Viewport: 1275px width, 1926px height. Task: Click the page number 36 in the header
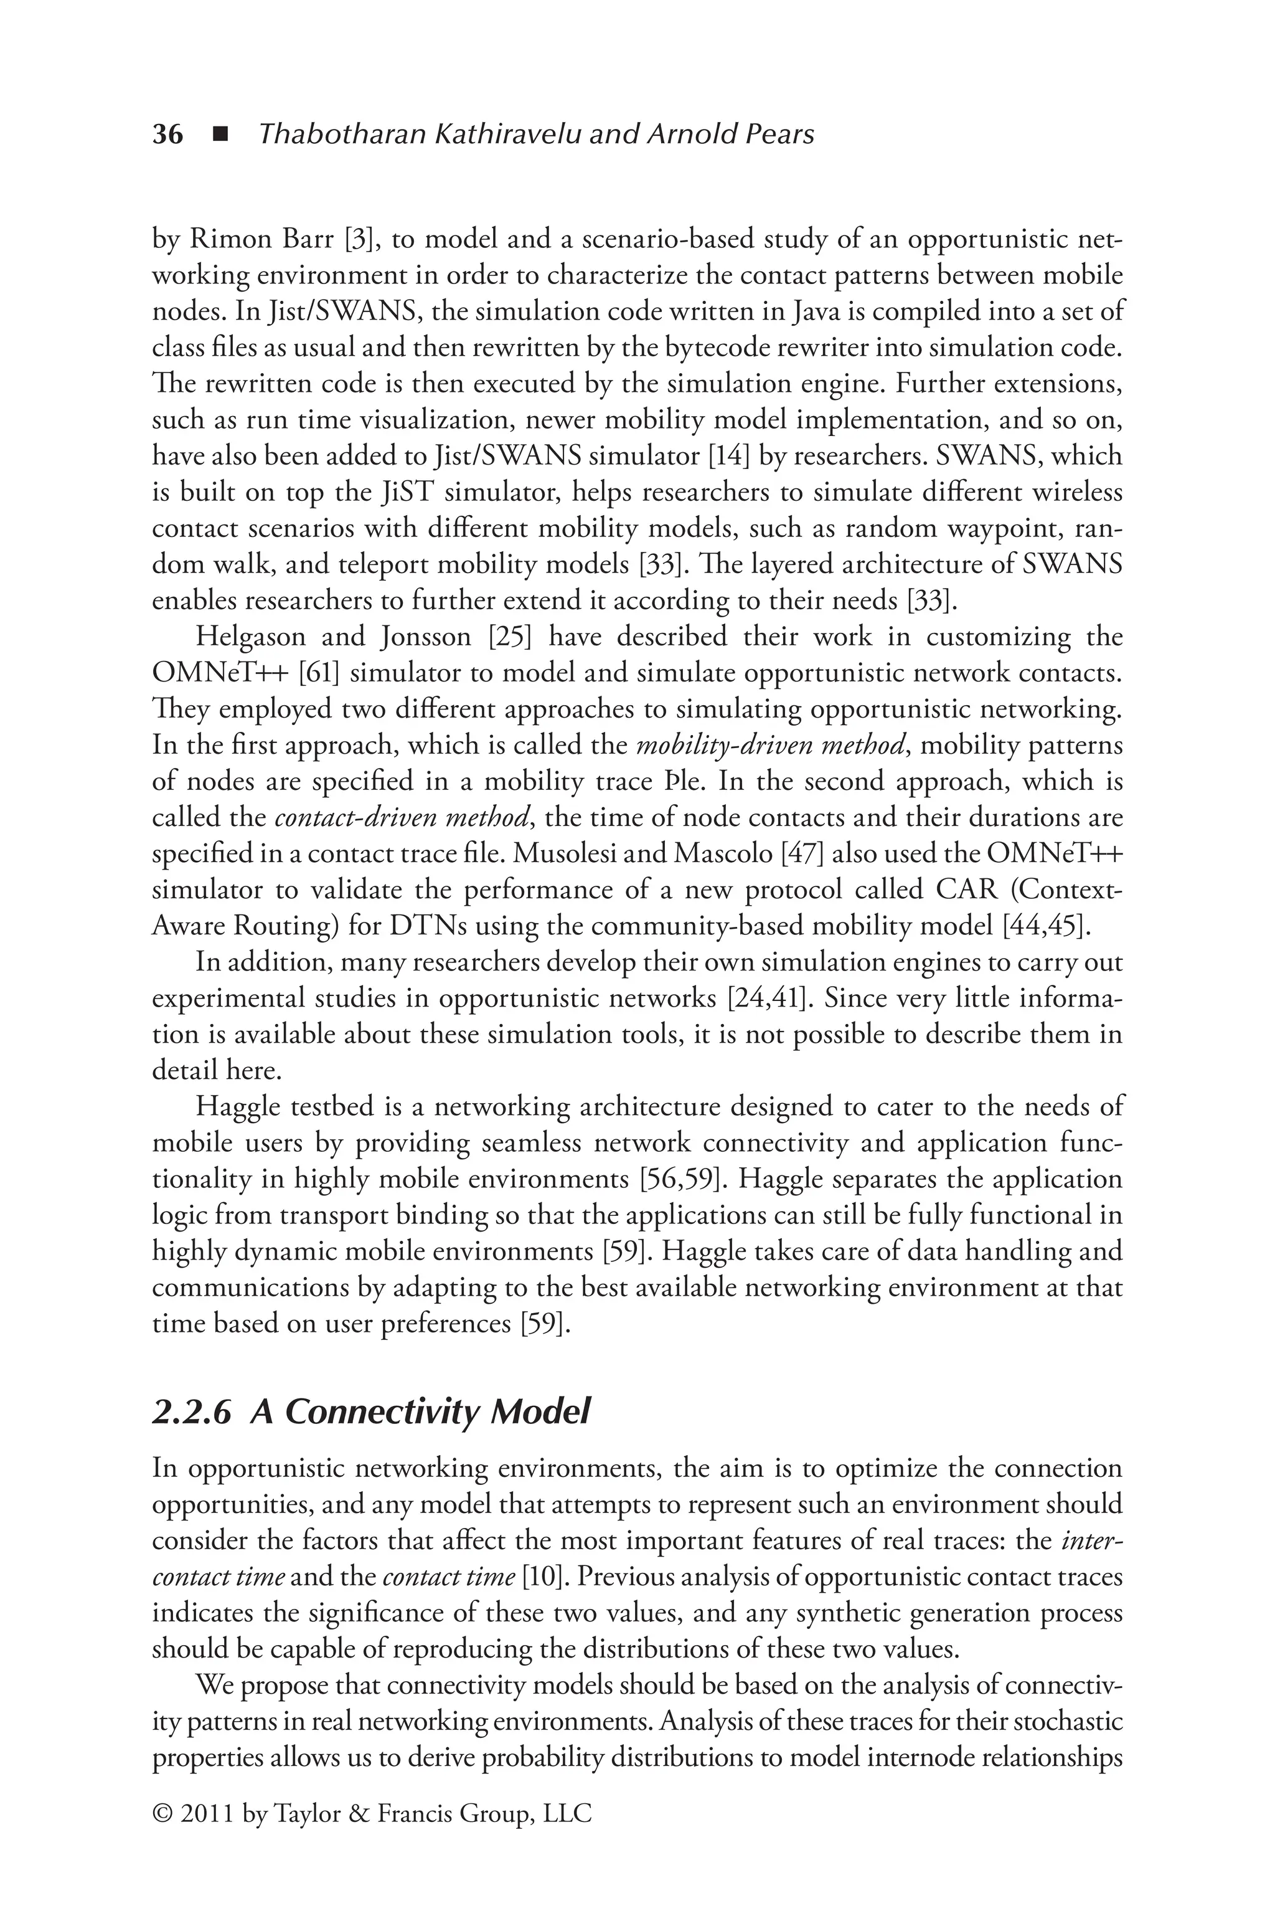point(167,134)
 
